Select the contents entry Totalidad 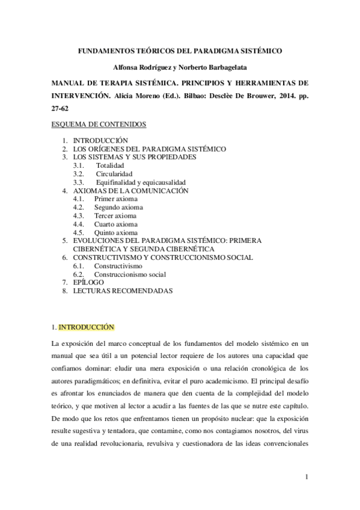coord(109,165)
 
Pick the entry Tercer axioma coord(115,215)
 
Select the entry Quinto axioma coord(115,232)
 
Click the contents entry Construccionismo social coord(130,274)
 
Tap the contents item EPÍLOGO coord(88,282)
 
